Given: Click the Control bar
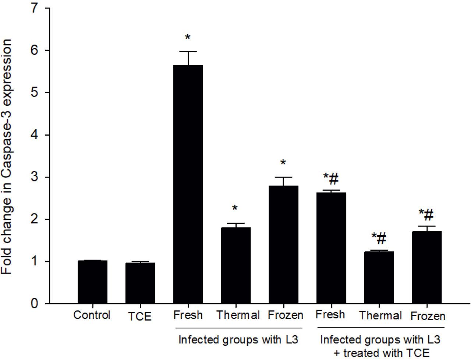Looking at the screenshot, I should pyautogui.click(x=92, y=282).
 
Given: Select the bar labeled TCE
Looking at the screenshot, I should pyautogui.click(x=140, y=283).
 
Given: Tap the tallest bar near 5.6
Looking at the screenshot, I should pyautogui.click(x=188, y=184).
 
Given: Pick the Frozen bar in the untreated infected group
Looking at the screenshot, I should pyautogui.click(x=283, y=245).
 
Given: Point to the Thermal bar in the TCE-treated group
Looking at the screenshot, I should pyautogui.click(x=379, y=278).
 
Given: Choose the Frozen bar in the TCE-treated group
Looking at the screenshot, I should pyautogui.click(x=426, y=267).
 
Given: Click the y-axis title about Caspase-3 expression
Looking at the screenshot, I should pyautogui.click(x=8, y=156).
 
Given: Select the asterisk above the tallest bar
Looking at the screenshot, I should pyautogui.click(x=188, y=38).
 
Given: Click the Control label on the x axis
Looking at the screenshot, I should pyautogui.click(x=92, y=315).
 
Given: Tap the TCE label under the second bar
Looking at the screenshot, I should pyautogui.click(x=140, y=317).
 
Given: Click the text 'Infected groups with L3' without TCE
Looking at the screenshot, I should pyautogui.click(x=238, y=339).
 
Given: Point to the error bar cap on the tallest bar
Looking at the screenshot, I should pyautogui.click(x=188, y=52).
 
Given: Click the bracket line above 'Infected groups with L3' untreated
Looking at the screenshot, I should pyautogui.click(x=238, y=327).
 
